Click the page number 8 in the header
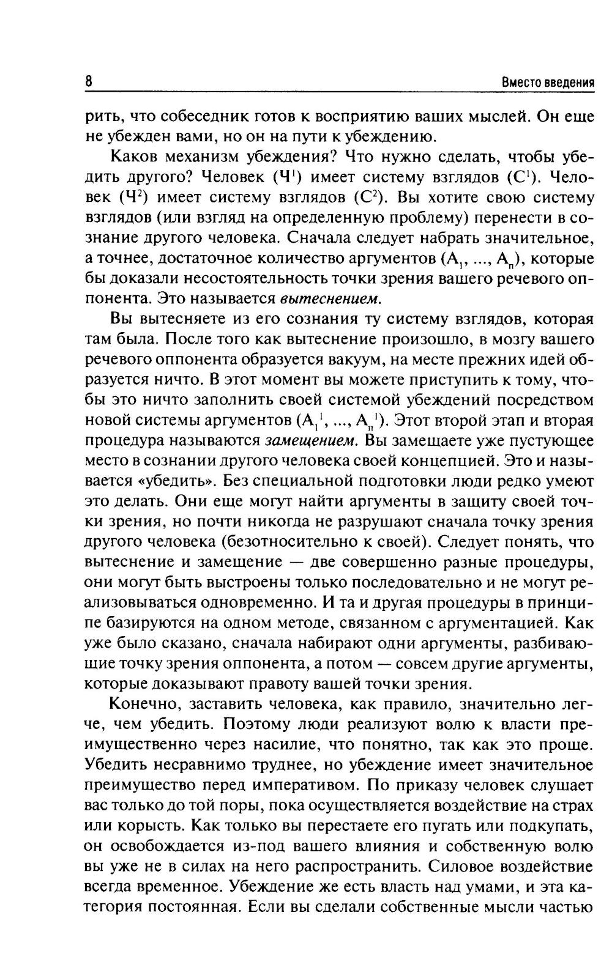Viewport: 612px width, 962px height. coord(89,81)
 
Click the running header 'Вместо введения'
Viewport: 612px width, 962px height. coord(548,83)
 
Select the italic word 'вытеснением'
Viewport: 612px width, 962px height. coord(331,299)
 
